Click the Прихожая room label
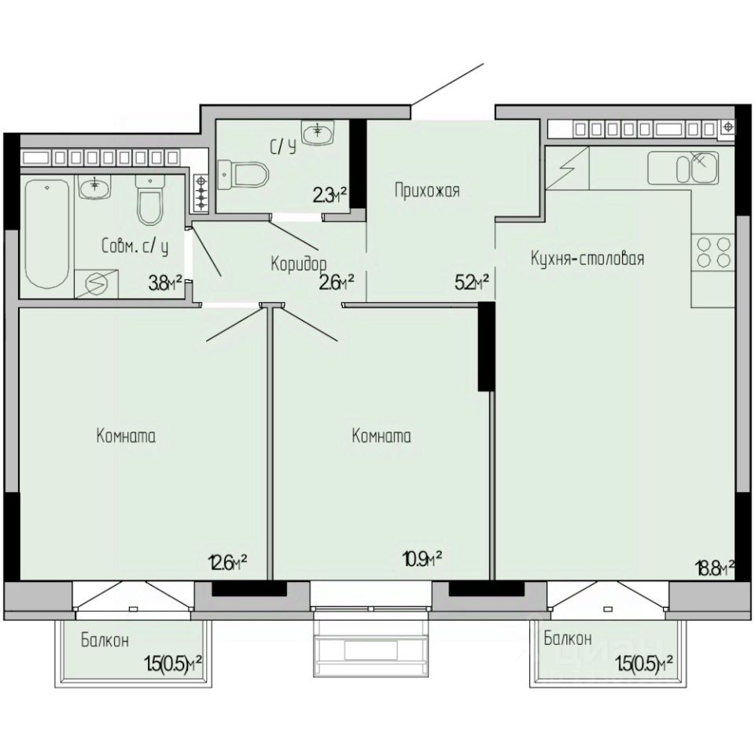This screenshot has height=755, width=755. [427, 191]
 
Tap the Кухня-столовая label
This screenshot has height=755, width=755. [587, 259]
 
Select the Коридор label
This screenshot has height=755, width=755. [299, 263]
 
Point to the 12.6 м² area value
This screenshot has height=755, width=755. [228, 561]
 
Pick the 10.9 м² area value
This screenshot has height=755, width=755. [422, 559]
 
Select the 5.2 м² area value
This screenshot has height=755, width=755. [472, 282]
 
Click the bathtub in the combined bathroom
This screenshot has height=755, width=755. [46, 234]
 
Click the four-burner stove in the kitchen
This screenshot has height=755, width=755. [713, 252]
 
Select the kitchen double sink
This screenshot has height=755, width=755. [683, 168]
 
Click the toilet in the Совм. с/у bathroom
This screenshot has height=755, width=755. [150, 201]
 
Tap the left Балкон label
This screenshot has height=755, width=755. [105, 641]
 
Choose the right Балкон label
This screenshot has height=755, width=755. [568, 639]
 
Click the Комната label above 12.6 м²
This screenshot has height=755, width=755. [126, 436]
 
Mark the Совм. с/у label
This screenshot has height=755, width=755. [135, 247]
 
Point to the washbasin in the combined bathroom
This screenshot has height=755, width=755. [95, 187]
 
